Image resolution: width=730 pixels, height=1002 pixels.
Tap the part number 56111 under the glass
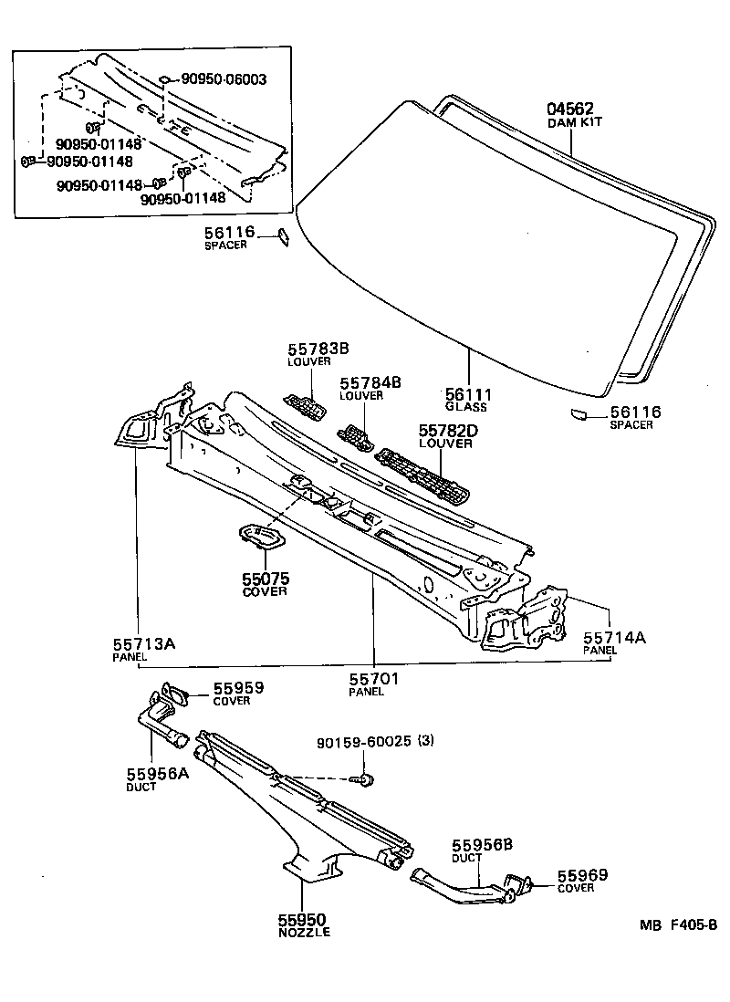coord(469,394)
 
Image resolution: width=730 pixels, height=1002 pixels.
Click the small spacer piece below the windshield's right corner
coord(578,415)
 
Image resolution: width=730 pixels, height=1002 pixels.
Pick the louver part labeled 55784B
coord(357,438)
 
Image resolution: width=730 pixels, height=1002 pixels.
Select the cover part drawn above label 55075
coord(262,537)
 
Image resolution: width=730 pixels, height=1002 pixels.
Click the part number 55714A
coord(614,638)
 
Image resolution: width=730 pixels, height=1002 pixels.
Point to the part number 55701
coord(374,679)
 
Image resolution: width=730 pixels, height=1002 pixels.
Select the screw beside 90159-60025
coord(364,779)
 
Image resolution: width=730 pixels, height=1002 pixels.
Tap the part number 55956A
coord(157,774)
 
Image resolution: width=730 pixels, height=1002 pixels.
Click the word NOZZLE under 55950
coord(304,932)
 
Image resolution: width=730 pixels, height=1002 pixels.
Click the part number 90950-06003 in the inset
coord(224,79)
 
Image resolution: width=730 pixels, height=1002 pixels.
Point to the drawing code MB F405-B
coord(678,924)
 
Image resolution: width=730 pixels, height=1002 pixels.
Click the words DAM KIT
coord(575,122)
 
